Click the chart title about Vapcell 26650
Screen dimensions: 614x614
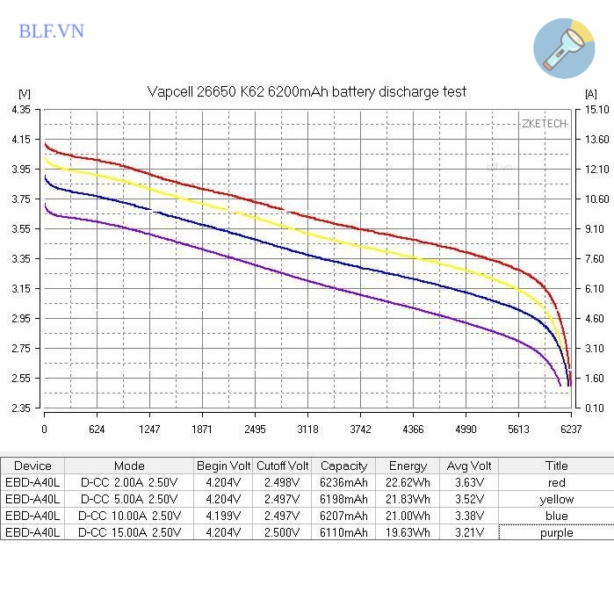tap(306, 91)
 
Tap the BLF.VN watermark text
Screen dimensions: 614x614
tap(51, 32)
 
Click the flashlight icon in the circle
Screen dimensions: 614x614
tap(564, 47)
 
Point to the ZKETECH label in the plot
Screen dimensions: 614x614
tap(544, 124)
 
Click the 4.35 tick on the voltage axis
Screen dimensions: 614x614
tap(21, 110)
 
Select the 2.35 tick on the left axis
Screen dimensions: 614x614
tap(21, 408)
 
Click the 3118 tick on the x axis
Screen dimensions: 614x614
tap(307, 430)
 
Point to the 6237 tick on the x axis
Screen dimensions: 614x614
tap(570, 430)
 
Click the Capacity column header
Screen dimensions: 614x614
tap(343, 466)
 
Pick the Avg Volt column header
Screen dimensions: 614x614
tap(469, 466)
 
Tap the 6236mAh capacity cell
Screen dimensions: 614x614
tap(343, 482)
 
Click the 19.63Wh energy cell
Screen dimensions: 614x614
tap(408, 532)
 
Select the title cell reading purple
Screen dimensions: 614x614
tap(556, 532)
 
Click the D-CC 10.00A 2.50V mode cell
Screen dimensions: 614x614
tap(129, 516)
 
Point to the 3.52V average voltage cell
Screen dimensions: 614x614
tap(469, 499)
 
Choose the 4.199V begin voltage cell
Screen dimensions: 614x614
tap(223, 516)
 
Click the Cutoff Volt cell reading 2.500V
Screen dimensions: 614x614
tap(282, 532)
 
